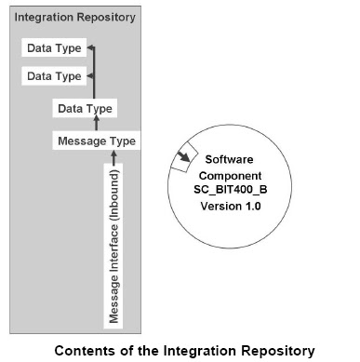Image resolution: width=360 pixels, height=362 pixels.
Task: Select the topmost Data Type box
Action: click(x=53, y=47)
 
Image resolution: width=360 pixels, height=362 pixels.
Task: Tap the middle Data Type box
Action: click(x=53, y=75)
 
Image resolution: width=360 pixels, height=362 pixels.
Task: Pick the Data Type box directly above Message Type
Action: click(x=85, y=109)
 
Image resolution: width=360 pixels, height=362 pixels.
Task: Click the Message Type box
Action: click(x=97, y=141)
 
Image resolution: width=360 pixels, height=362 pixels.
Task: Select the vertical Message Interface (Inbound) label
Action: click(x=113, y=245)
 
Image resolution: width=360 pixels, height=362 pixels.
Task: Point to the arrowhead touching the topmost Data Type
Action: click(x=90, y=47)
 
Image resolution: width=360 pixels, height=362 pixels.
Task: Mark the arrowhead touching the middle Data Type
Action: click(x=90, y=75)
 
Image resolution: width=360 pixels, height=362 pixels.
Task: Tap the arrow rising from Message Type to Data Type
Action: click(x=113, y=125)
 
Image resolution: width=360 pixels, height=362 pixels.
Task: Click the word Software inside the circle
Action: click(x=230, y=159)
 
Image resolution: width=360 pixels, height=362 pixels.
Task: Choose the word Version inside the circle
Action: click(x=221, y=207)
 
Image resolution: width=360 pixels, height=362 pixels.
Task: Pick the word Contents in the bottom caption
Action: click(x=82, y=350)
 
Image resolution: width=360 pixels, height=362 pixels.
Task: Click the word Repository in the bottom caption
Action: click(x=275, y=350)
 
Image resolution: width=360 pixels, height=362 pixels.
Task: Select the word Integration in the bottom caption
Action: click(x=195, y=350)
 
